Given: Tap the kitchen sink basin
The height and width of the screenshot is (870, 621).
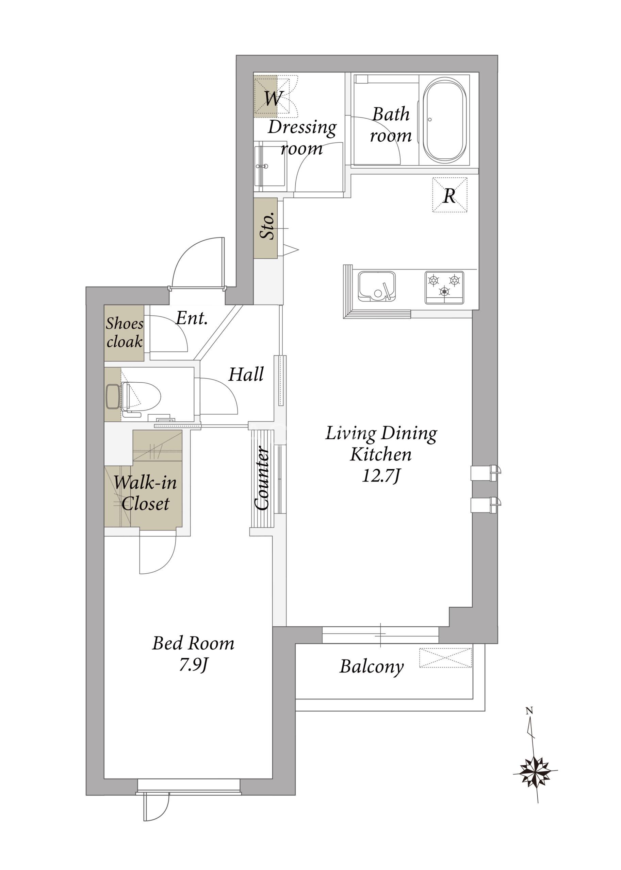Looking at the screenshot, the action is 376,286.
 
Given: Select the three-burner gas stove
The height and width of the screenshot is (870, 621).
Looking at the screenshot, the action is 444,288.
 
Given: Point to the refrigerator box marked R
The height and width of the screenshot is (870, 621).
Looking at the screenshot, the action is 450,195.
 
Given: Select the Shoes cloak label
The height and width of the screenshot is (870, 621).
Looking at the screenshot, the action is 125,333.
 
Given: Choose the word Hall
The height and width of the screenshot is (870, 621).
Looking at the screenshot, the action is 246,374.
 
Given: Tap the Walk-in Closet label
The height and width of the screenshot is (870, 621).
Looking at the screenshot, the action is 145,493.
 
